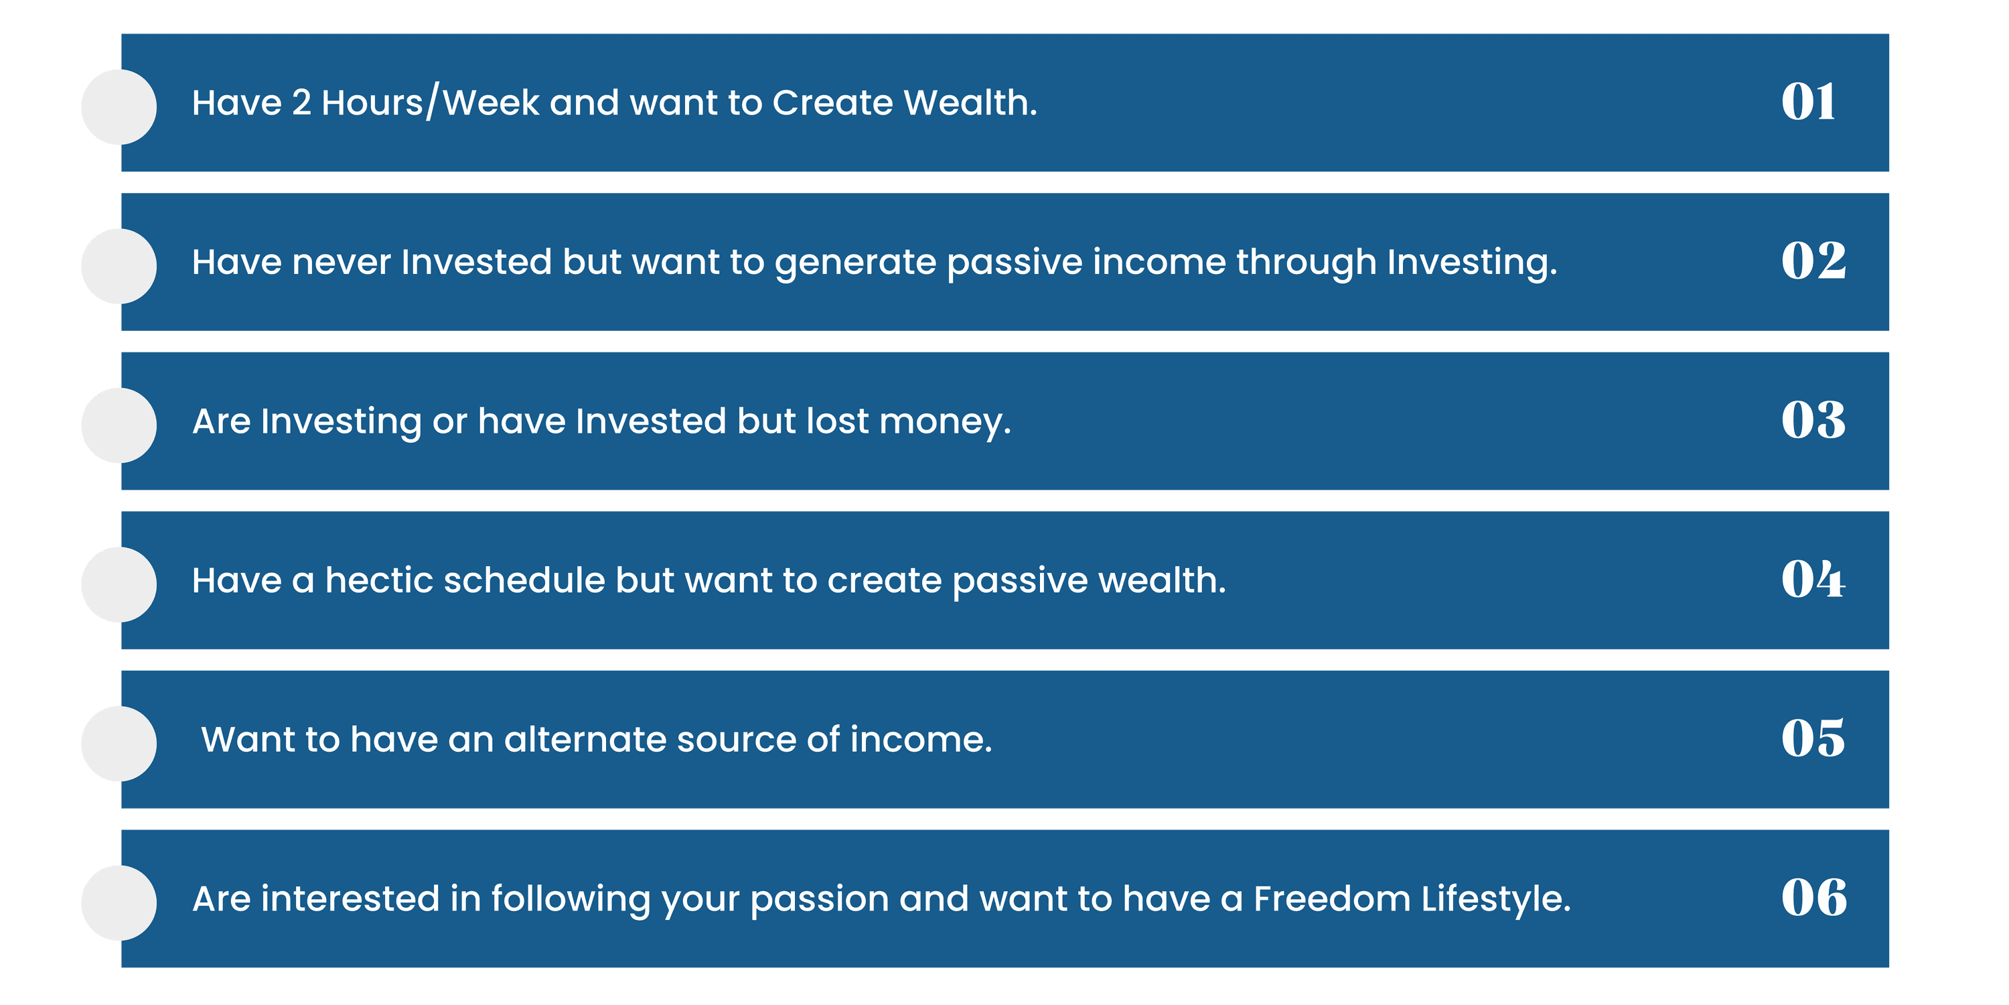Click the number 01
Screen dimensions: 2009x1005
(1808, 103)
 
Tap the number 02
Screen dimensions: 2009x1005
(1813, 261)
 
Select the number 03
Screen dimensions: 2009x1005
(1813, 421)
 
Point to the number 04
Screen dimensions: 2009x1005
(1813, 579)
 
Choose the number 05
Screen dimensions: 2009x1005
(1813, 738)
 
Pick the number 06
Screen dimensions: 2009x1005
(1814, 897)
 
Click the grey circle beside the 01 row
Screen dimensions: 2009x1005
(119, 107)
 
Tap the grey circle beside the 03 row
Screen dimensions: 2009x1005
(119, 425)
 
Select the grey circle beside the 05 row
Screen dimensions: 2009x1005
(119, 744)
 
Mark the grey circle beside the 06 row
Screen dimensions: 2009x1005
(119, 902)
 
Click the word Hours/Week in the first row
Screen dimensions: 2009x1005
(431, 103)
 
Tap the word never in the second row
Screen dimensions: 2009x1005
(341, 262)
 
